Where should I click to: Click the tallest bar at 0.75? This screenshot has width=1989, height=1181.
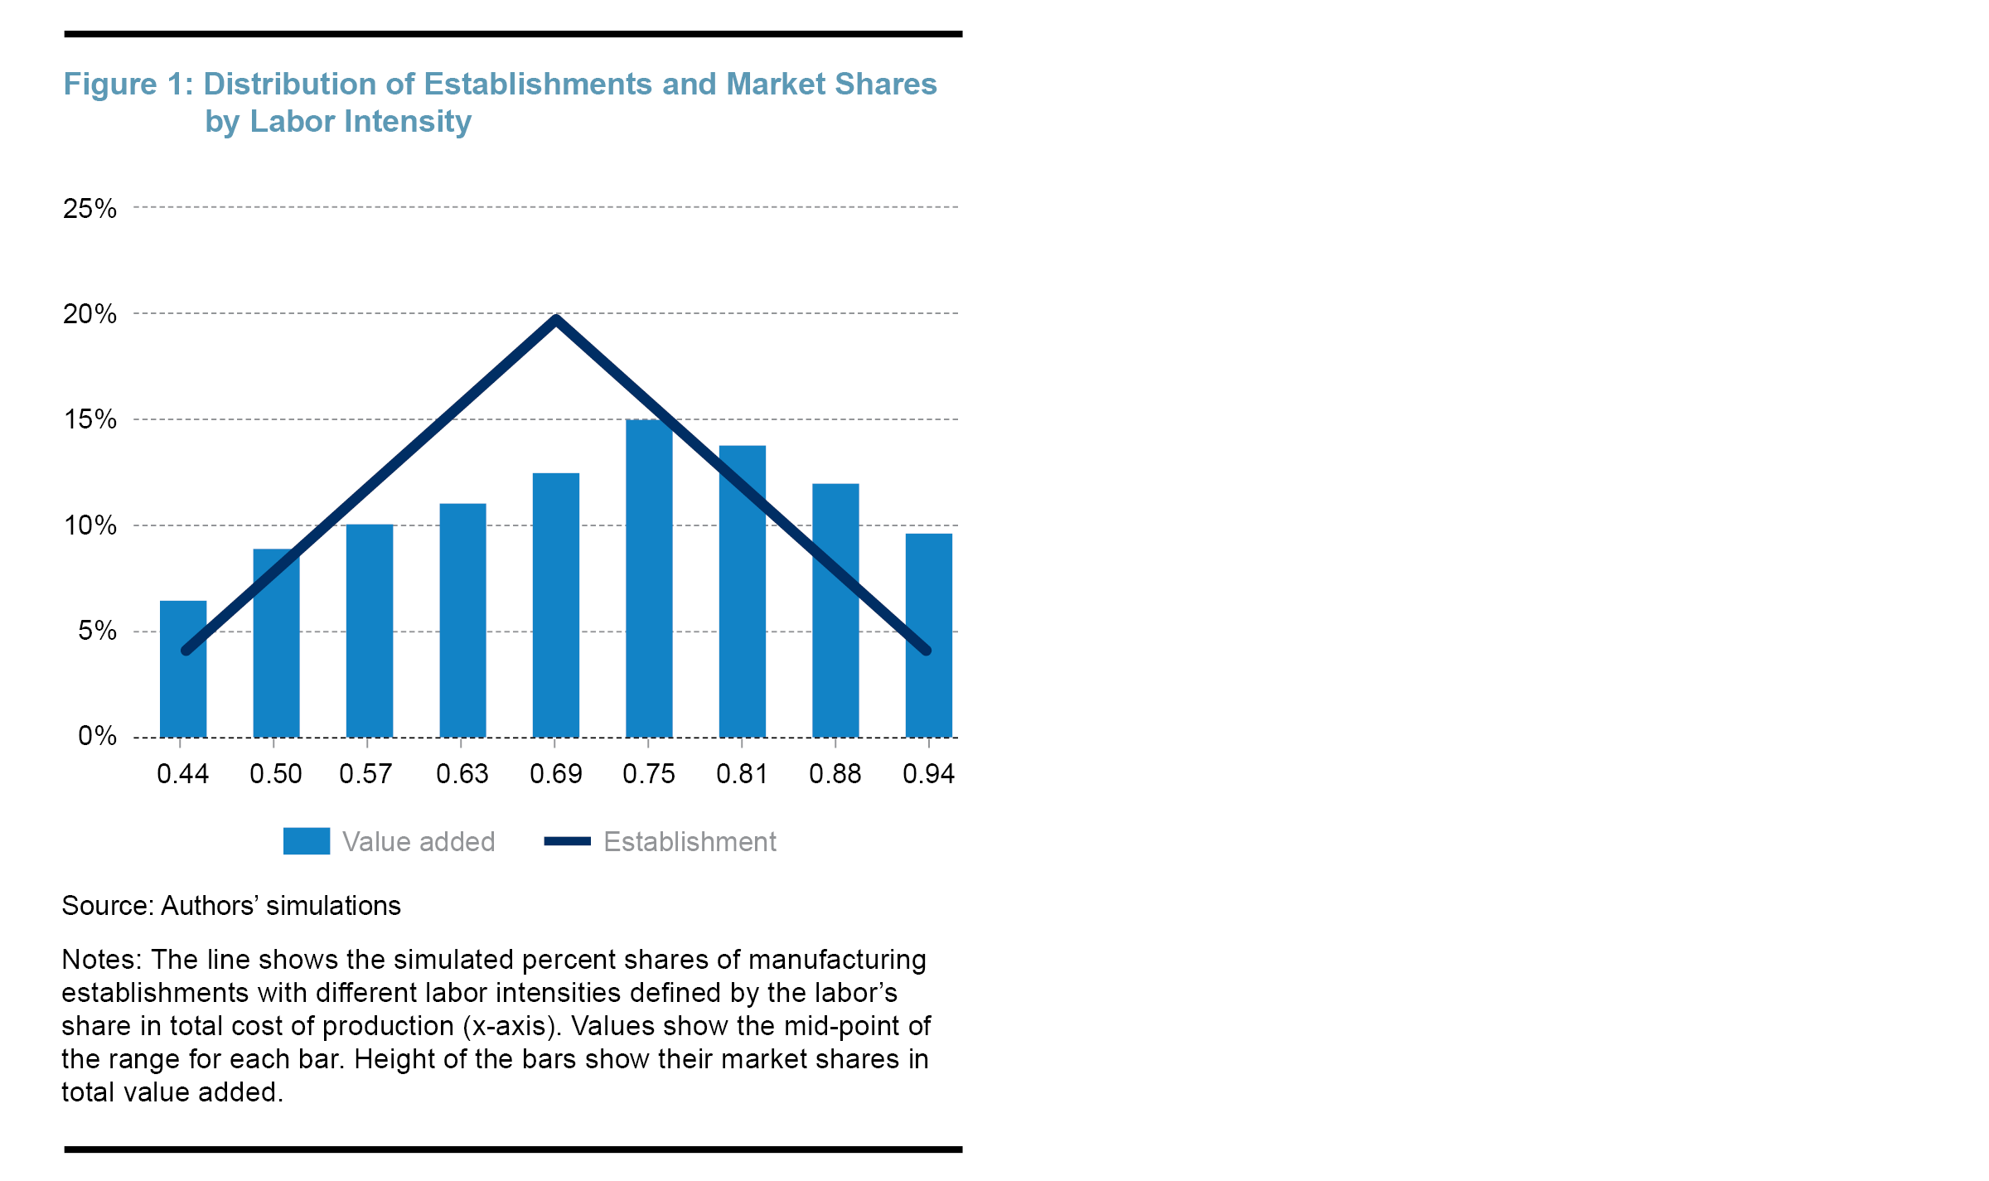tap(649, 580)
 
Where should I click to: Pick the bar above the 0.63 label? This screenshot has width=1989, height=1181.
tap(462, 622)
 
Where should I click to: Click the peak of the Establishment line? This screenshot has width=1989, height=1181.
tap(556, 319)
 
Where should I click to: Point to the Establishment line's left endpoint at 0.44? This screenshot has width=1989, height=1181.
tap(186, 651)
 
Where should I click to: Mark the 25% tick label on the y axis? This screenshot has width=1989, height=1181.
tap(90, 209)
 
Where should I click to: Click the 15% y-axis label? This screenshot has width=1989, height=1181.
tap(90, 420)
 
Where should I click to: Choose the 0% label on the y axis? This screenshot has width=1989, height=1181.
tap(97, 736)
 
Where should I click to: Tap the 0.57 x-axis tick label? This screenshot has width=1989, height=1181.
tap(365, 774)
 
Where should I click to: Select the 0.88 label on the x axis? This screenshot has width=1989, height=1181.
tap(835, 774)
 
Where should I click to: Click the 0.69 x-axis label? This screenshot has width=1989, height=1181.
tap(556, 774)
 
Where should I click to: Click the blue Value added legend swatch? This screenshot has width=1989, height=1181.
tap(307, 841)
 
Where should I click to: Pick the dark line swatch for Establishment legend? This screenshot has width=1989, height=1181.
tap(567, 841)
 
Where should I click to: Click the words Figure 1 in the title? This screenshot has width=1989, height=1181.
tap(123, 85)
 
